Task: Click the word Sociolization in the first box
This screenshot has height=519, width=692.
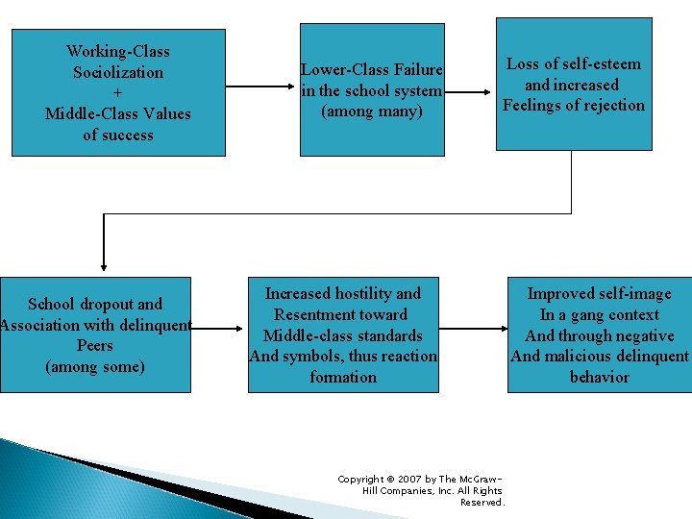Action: (118, 72)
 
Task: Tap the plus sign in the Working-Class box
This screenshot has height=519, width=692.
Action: (117, 93)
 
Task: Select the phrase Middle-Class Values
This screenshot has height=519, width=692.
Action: (118, 113)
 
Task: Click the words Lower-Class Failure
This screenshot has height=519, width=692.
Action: (372, 69)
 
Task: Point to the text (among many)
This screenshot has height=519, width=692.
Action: (372, 111)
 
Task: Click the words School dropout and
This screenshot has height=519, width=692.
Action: (95, 304)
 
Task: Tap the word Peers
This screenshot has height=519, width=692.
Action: (95, 345)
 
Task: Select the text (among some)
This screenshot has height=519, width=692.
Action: (95, 366)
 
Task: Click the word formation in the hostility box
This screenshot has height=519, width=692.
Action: (343, 377)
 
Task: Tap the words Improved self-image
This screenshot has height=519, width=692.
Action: (599, 293)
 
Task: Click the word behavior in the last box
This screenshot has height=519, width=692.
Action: (599, 377)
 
